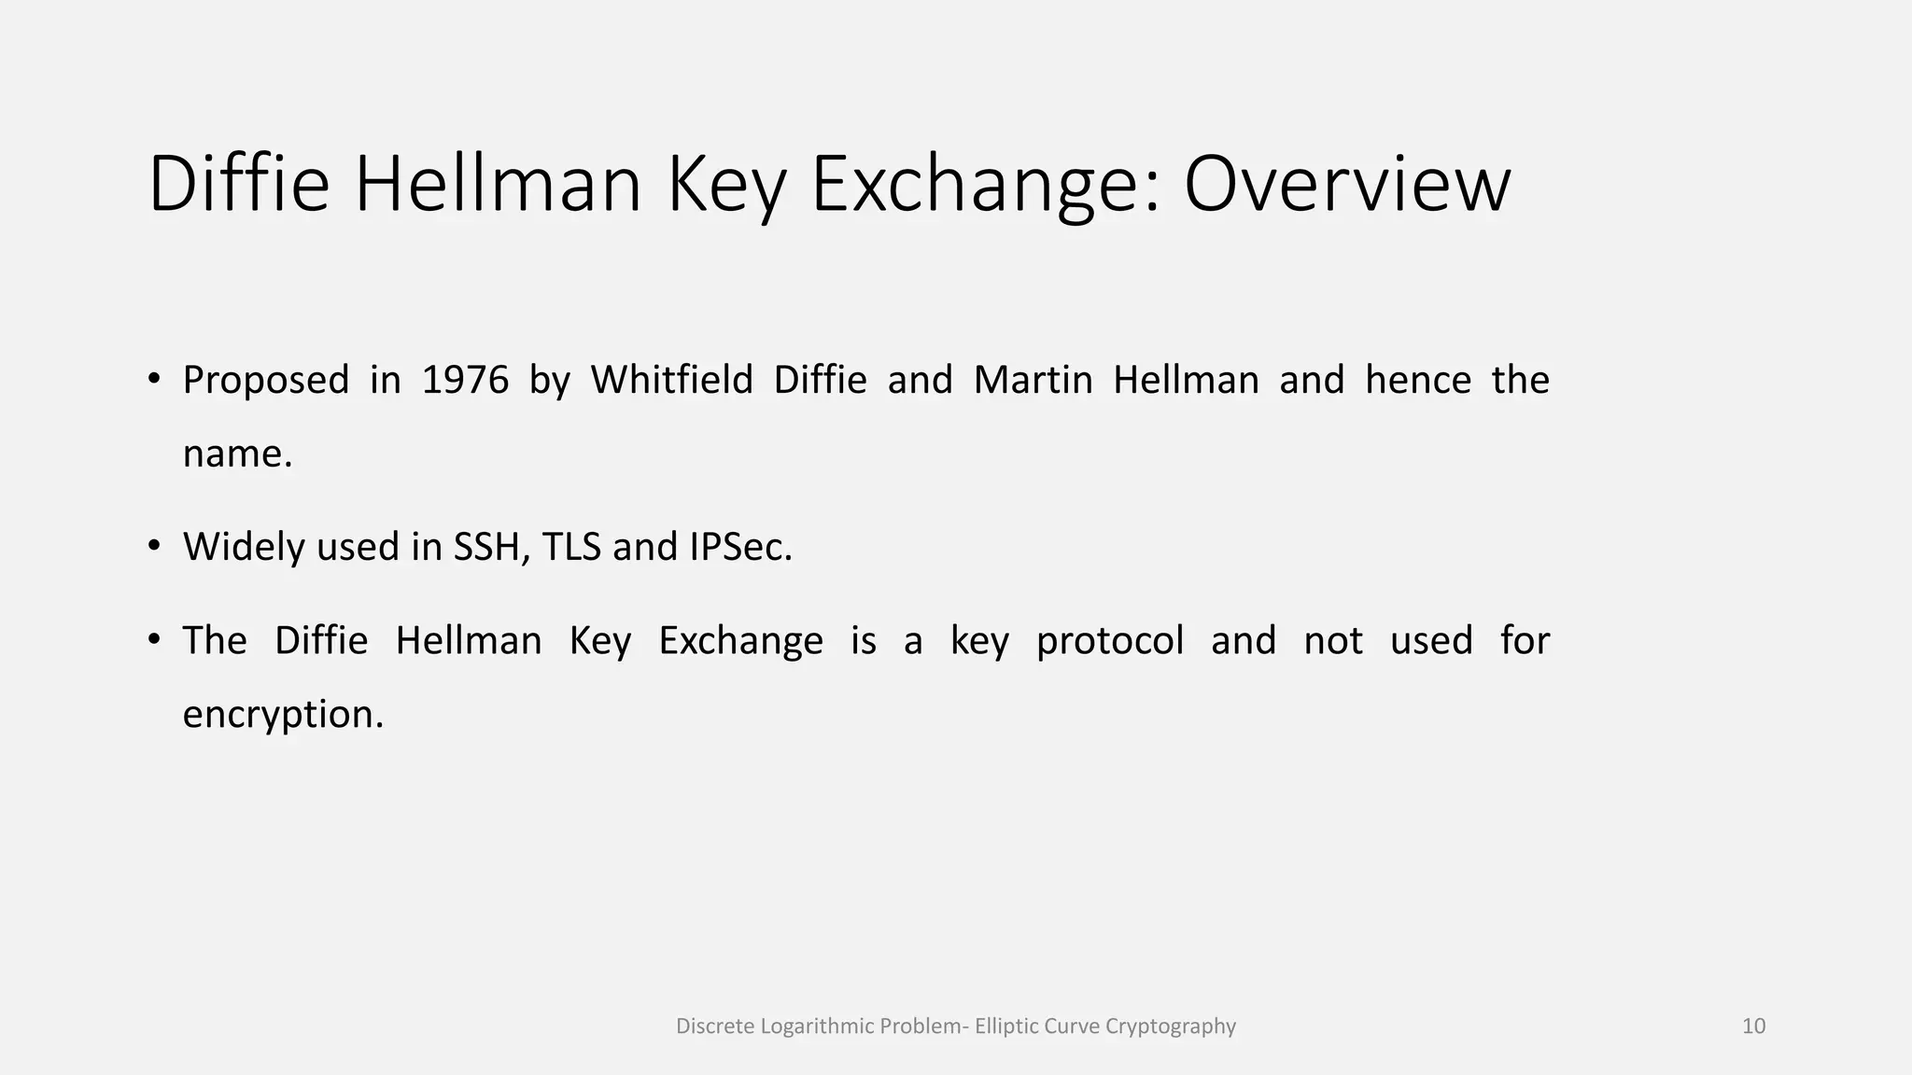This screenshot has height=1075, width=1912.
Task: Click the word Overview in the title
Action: coord(1346,184)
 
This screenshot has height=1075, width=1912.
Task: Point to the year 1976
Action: coord(465,380)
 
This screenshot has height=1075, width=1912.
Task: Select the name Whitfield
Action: coord(671,380)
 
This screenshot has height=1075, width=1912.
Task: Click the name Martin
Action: coord(1033,380)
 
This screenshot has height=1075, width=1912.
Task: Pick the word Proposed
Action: coord(266,380)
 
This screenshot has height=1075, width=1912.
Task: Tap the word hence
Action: coord(1417,380)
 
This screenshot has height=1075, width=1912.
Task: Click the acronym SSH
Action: coord(491,547)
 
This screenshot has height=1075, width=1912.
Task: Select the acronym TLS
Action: coord(571,547)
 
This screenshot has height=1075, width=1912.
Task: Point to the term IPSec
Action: coord(740,547)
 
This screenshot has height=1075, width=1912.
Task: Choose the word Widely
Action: coord(244,547)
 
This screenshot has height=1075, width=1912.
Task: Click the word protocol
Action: coord(1109,641)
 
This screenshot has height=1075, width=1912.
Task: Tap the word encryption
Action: coord(283,715)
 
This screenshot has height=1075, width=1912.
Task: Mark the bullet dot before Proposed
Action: coord(155,379)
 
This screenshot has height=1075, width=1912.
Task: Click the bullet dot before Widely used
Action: coord(155,546)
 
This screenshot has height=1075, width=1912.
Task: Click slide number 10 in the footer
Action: coord(1753,1026)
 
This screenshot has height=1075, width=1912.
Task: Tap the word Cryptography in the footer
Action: coord(1170,1026)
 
